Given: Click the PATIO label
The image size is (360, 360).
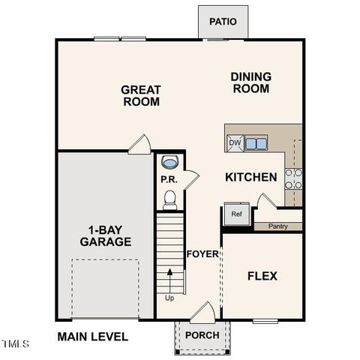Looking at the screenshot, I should coord(223,22).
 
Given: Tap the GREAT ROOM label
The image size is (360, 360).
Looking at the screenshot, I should coord(141,95).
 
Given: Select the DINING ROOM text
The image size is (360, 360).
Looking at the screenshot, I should coord(250,82).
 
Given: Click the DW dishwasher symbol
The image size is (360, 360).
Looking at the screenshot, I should coord(235,143).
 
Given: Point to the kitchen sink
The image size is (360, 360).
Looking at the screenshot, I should coord(256,143).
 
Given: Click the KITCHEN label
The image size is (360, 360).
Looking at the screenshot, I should coord(252,178).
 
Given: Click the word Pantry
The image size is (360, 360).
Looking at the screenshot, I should coord(277,226).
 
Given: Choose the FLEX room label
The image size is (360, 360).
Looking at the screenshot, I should coord(262,276).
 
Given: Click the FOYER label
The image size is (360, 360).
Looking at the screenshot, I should coord(202,253).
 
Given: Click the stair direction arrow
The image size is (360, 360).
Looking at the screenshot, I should coord(171,282).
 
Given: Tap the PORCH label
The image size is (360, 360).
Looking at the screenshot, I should coord(202,334).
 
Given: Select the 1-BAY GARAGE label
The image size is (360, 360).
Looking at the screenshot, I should coord(106,235).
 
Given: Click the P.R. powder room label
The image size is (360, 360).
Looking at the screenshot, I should coord(168,179).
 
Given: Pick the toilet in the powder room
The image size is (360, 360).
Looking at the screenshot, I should coord(170,199).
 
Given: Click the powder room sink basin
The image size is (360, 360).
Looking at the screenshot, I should coord(170,162).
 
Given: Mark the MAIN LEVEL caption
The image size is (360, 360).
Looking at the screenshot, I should coord(92,337).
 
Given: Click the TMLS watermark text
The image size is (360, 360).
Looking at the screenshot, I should coord(15,344).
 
